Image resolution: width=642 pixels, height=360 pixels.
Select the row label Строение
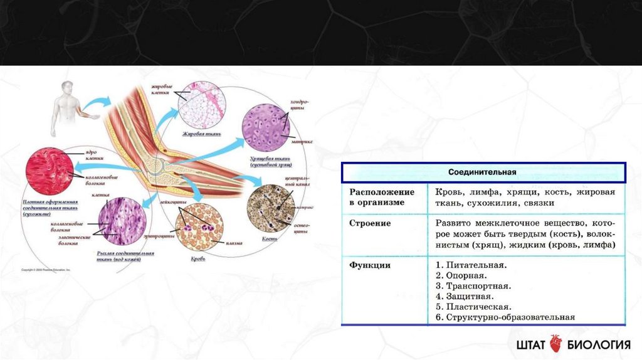371,223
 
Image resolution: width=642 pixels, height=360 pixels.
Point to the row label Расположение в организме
382,197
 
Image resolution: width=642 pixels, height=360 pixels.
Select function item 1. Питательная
470,265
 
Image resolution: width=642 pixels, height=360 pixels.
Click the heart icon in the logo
556,344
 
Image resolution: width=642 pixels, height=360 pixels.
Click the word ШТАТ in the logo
531,344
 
